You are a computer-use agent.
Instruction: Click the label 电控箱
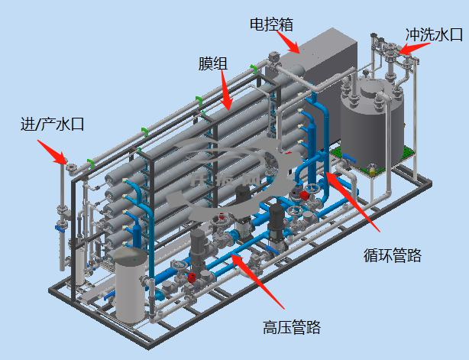tap(272, 24)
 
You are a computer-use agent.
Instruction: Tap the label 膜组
tap(212, 63)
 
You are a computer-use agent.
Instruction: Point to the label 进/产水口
tap(51, 124)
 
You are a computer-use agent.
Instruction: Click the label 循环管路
tap(392, 255)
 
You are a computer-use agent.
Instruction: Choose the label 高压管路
tap(292, 328)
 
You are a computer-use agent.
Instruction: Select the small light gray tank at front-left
tap(130, 290)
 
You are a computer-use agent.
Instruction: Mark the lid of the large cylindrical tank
tap(372, 90)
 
